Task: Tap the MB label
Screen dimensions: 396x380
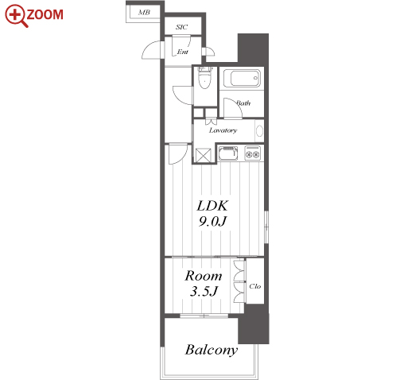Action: (x=144, y=12)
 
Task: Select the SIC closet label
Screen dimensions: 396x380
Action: (x=181, y=27)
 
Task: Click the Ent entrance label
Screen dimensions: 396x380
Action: (x=183, y=52)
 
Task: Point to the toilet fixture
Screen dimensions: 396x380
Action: (x=205, y=78)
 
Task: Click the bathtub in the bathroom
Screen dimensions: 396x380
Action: (x=242, y=78)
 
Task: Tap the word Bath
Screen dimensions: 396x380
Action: (x=243, y=103)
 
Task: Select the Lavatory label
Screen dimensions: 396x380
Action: (x=223, y=130)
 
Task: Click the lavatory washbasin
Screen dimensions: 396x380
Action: (x=259, y=131)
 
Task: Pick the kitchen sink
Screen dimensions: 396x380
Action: (x=227, y=153)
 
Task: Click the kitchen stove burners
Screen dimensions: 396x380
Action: (x=252, y=153)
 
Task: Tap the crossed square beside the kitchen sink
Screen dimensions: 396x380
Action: (x=204, y=155)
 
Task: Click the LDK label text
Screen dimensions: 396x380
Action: (x=212, y=206)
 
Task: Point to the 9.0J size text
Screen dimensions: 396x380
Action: (x=212, y=222)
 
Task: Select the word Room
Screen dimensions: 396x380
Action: (x=204, y=276)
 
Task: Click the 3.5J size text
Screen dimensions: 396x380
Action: (x=204, y=291)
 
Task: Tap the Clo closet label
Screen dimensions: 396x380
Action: (x=254, y=286)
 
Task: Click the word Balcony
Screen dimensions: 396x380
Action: (x=212, y=350)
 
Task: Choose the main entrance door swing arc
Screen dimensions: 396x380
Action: (x=149, y=47)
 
